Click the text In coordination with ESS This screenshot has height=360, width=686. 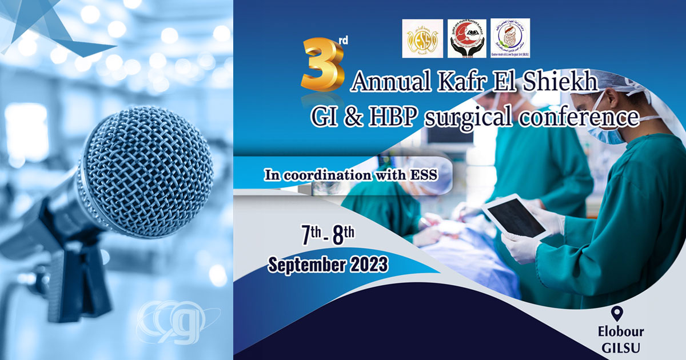tap(350, 175)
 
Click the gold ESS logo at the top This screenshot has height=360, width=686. tap(422, 38)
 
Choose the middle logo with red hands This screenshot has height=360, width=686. tap(466, 38)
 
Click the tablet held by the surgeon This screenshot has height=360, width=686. tap(514, 217)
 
